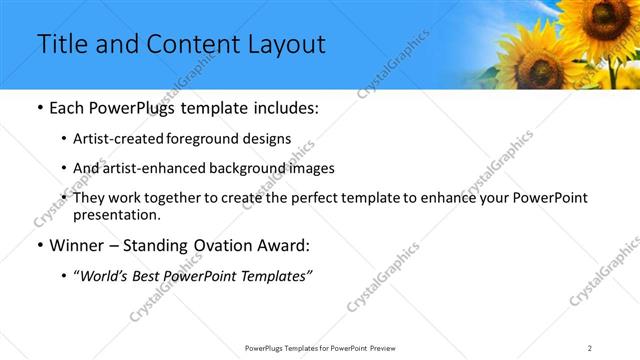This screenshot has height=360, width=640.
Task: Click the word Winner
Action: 77,246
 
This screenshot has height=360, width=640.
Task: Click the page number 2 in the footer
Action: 590,348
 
